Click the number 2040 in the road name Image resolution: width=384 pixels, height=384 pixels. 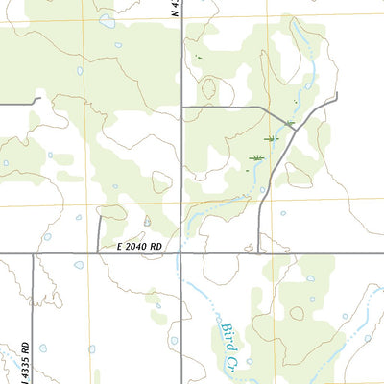click(x=143, y=246)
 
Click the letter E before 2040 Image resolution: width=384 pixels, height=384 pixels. click(x=121, y=246)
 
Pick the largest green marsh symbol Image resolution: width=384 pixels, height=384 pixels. click(x=256, y=157)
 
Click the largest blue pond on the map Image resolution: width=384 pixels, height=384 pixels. click(x=107, y=19)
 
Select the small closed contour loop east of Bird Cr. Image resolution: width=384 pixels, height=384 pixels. click(x=297, y=313)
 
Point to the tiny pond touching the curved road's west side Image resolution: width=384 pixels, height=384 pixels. click(x=263, y=190)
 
